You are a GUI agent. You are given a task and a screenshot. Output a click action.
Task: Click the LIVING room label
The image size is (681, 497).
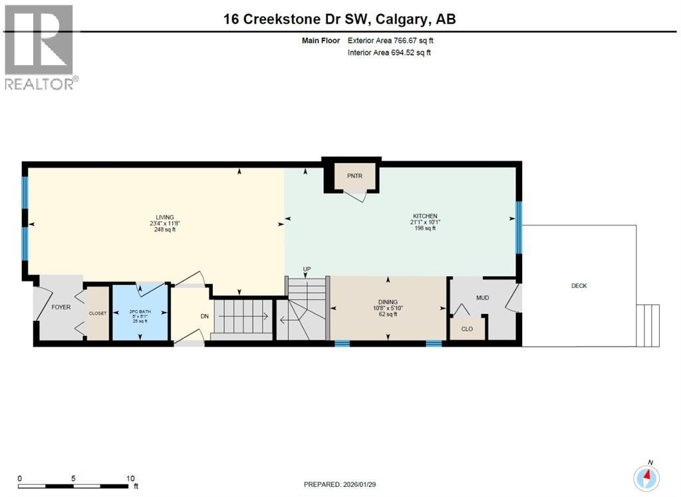164,217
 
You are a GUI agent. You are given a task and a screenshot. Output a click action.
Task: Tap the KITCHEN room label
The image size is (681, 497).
424,216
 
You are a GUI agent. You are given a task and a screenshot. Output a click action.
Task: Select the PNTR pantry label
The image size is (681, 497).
353,176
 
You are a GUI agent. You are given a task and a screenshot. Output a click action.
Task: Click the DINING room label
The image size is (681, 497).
387,301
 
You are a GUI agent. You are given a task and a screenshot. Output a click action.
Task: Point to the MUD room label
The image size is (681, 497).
482,297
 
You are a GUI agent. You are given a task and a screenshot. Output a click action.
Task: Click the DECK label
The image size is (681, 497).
579,285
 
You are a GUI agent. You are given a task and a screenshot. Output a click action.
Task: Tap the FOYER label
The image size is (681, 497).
61,307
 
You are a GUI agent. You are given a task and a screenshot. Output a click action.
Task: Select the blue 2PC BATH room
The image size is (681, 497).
140,313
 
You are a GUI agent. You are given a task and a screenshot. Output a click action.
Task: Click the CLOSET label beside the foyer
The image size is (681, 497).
98,313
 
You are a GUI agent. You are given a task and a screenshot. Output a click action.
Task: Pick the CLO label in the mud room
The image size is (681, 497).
467,329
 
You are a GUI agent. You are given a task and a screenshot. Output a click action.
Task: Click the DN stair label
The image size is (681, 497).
205,315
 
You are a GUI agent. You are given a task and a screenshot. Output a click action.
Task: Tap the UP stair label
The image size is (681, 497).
307,269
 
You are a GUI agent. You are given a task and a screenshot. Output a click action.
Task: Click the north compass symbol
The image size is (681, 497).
646,476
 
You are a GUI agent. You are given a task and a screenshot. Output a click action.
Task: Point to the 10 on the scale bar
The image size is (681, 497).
130,478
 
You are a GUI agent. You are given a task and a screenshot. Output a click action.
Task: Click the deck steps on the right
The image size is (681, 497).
648,325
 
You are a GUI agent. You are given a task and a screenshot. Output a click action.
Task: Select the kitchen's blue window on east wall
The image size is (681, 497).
519,228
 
